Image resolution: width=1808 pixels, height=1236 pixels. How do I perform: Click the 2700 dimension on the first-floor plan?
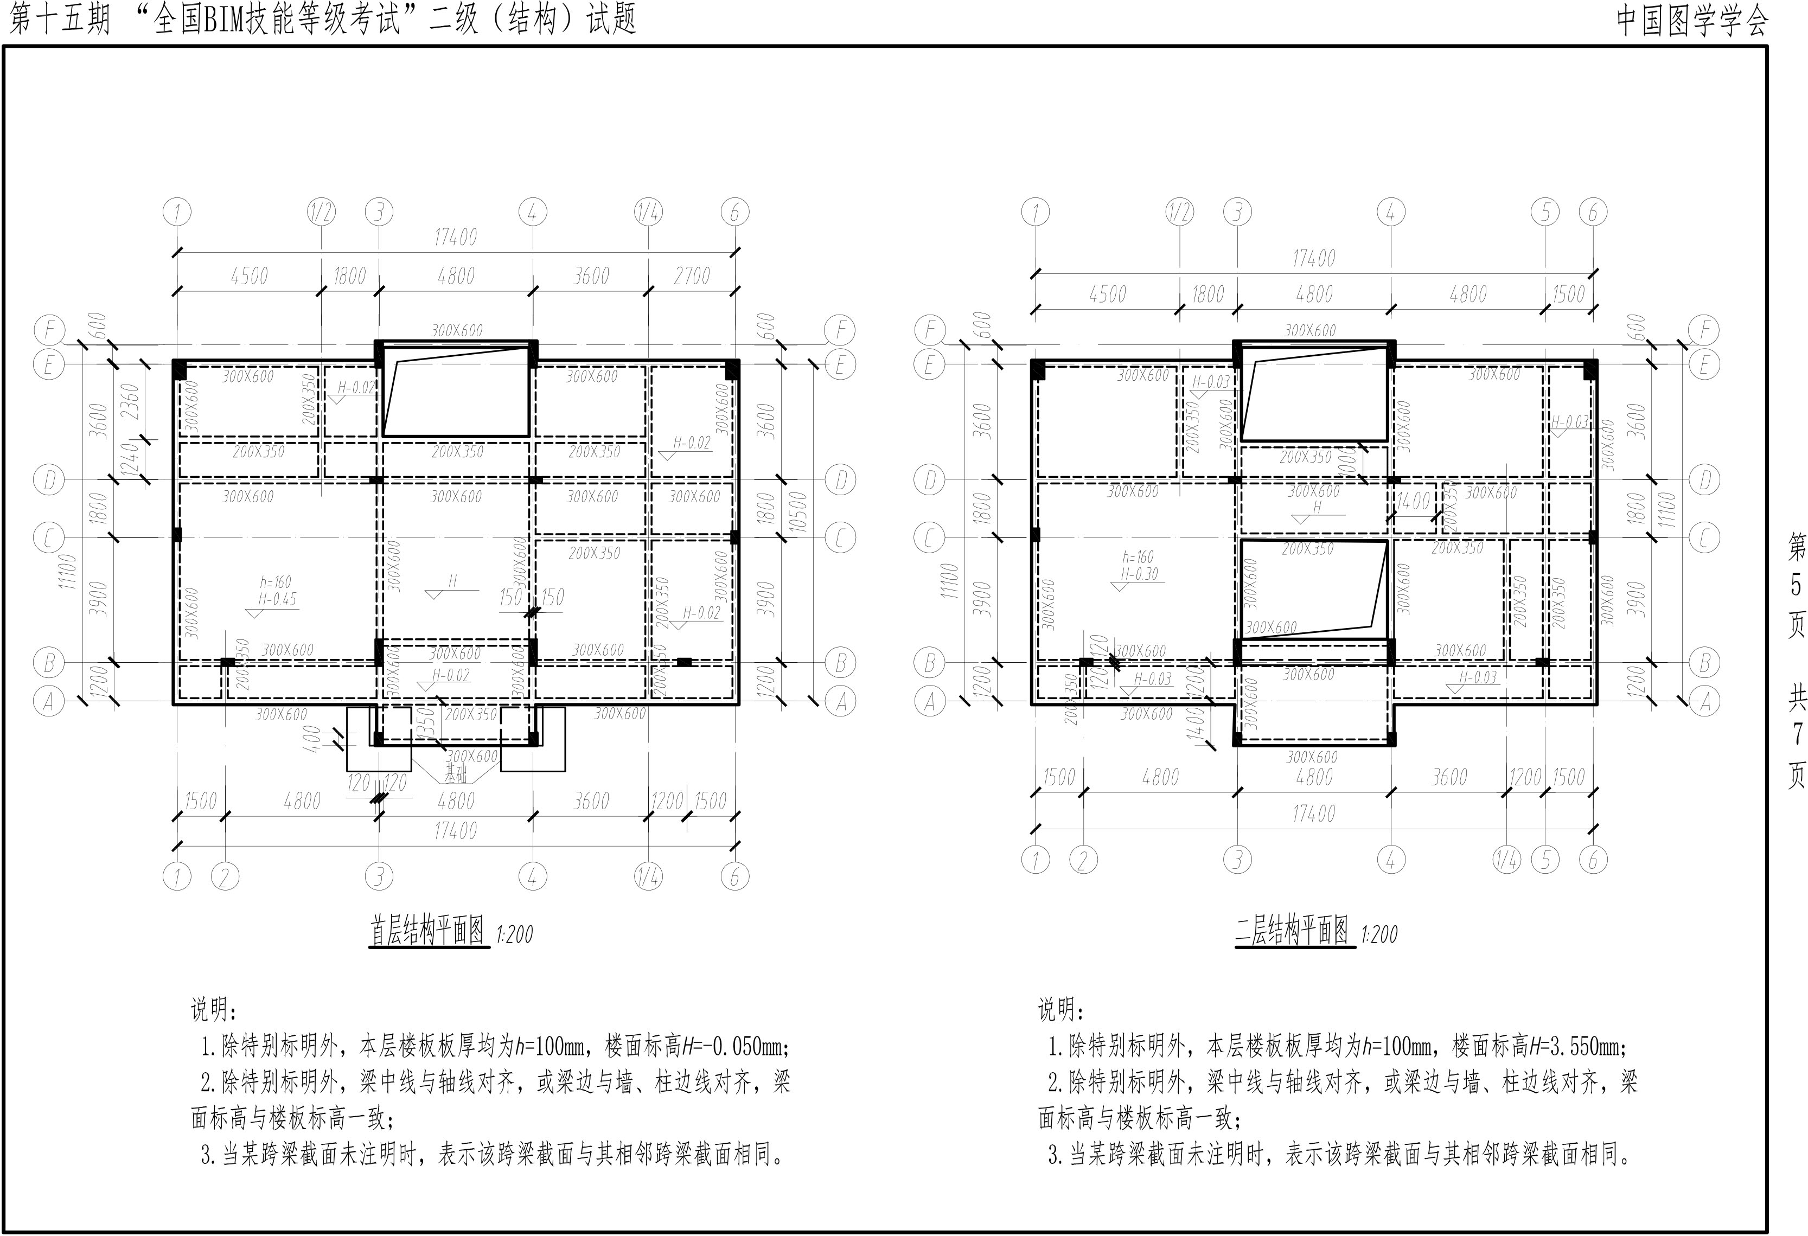click(x=692, y=276)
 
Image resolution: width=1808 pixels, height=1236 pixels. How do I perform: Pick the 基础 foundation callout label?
click(x=456, y=774)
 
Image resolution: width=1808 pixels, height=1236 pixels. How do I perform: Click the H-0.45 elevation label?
click(x=278, y=599)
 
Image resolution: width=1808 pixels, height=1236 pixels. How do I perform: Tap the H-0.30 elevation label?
click(x=1139, y=574)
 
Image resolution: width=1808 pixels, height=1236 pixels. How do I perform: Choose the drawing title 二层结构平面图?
click(x=1292, y=931)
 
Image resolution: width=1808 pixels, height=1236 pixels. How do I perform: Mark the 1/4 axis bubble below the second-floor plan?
click(x=1506, y=860)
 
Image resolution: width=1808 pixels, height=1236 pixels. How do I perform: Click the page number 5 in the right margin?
click(x=1796, y=584)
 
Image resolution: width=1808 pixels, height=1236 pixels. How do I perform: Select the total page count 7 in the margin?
click(x=1796, y=733)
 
